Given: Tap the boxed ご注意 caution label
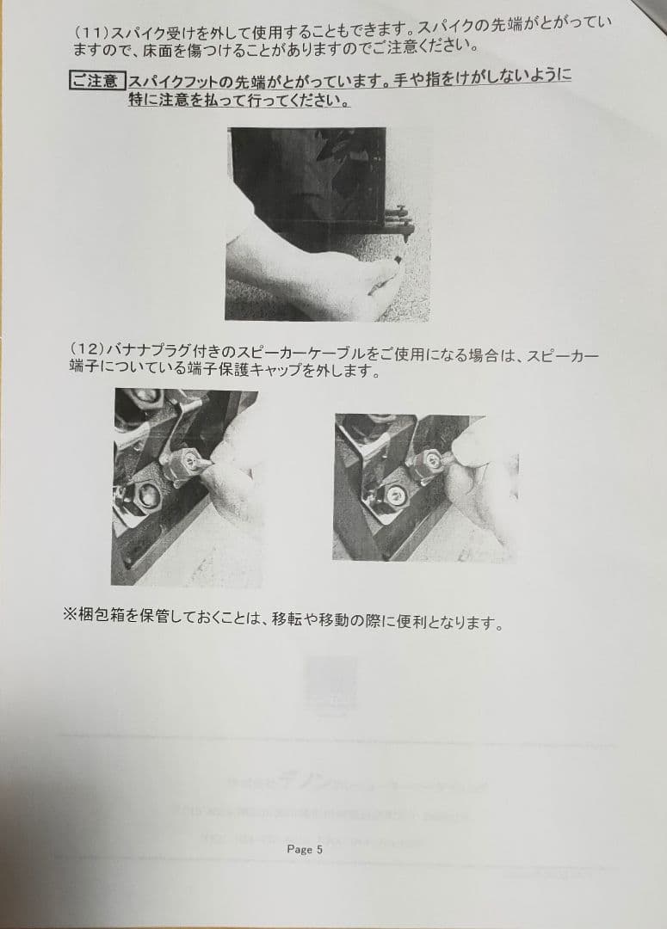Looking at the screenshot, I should (96, 82).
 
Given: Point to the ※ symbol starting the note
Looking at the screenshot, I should (70, 619).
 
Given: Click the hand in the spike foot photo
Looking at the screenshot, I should (310, 275).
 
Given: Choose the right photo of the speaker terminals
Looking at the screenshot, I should (425, 486).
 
